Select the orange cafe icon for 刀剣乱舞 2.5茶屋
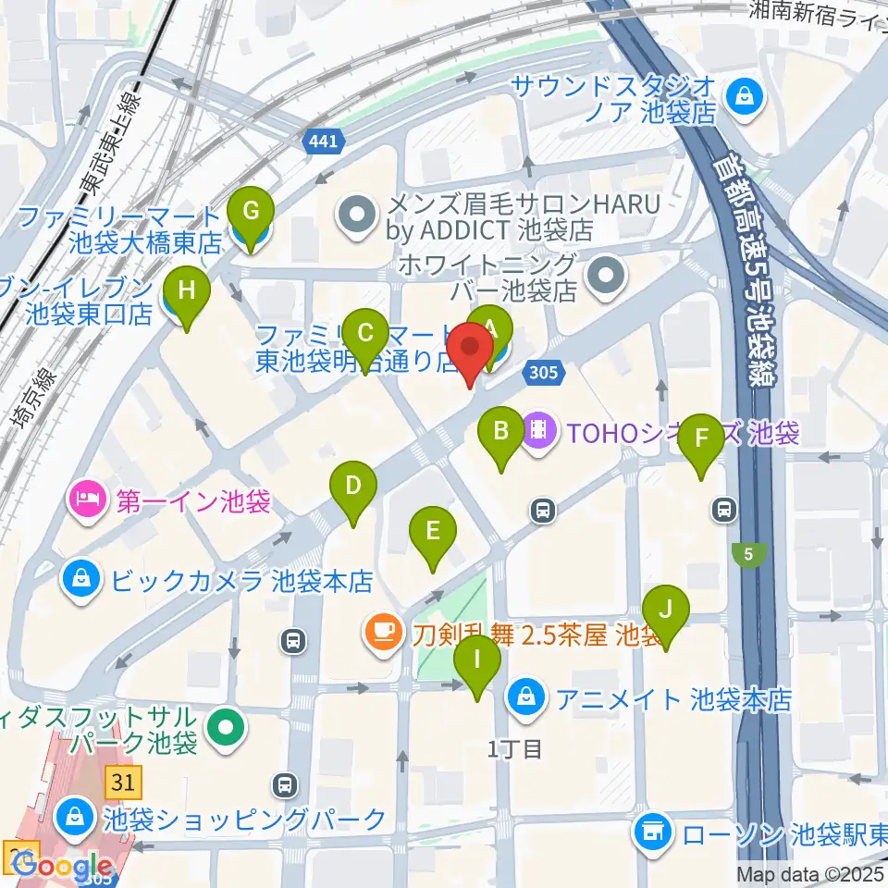[381, 634]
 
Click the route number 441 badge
[323, 142]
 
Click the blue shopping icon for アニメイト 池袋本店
[525, 695]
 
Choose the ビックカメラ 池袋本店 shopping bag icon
[82, 580]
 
